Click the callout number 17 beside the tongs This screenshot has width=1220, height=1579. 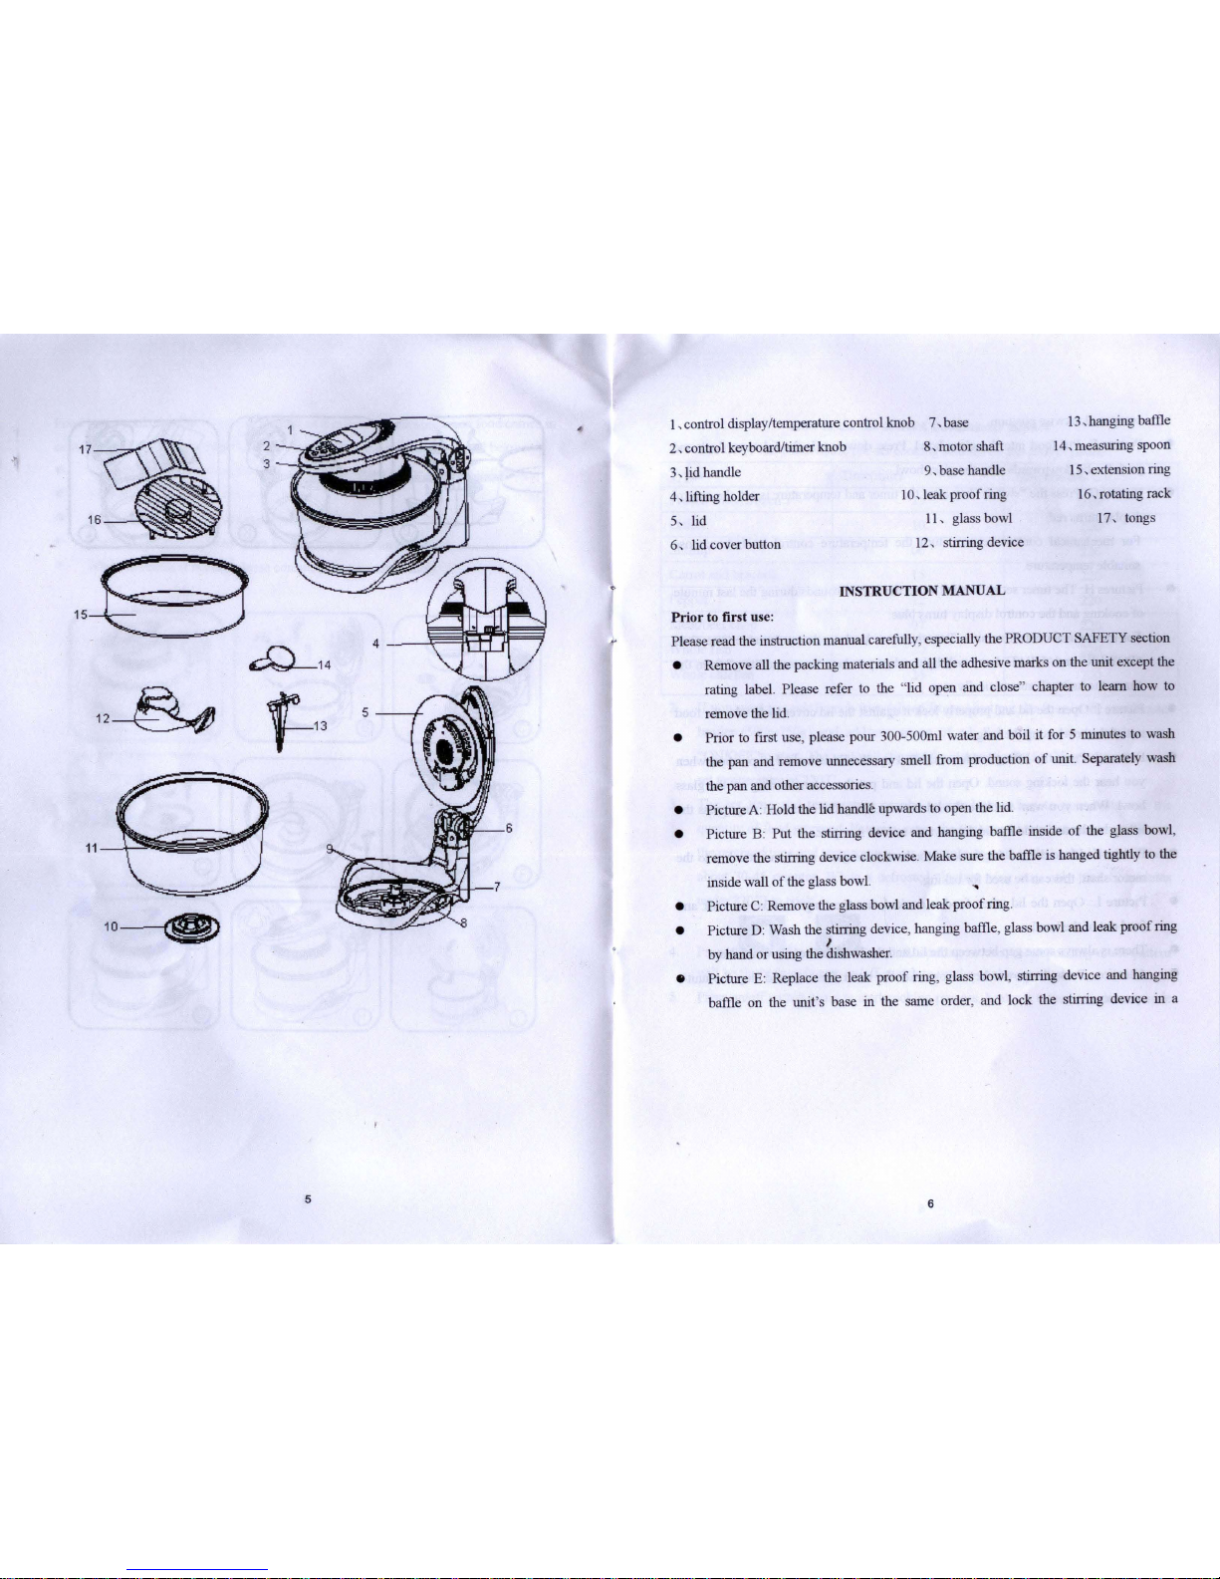(85, 449)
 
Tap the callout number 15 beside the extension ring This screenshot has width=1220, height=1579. (81, 615)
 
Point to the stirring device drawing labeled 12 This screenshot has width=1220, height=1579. (174, 710)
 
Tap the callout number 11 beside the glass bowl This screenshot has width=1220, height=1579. (92, 848)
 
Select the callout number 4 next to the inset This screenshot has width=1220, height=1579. (375, 644)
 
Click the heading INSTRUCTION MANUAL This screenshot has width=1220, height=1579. (922, 590)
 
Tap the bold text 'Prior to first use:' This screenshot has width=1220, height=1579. (723, 617)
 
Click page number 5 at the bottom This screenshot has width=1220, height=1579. (308, 1199)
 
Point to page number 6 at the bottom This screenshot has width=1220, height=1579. (930, 1204)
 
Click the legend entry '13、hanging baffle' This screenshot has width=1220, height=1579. (1118, 420)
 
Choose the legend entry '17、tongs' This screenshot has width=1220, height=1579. (1125, 518)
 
